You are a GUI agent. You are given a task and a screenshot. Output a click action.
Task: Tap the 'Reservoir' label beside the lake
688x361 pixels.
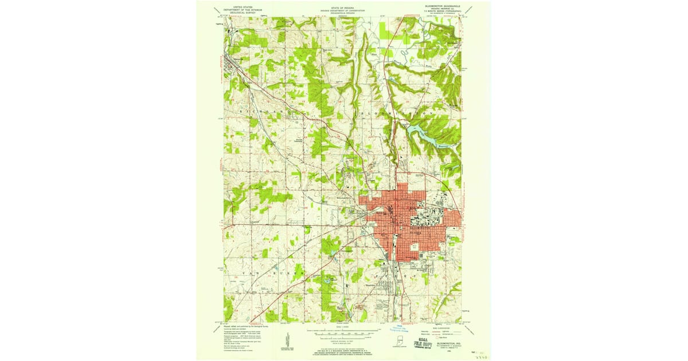pyautogui.click(x=442, y=147)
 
